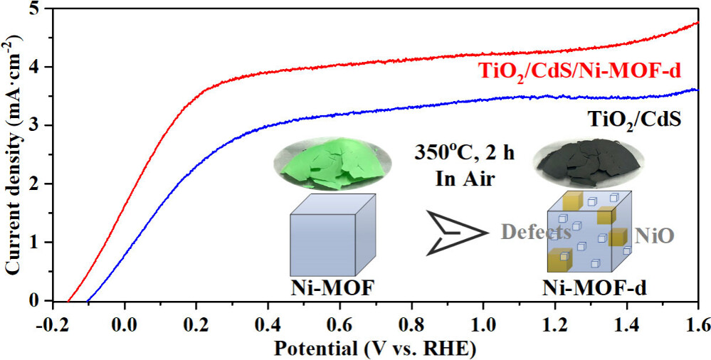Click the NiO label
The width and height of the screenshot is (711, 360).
[653, 235]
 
